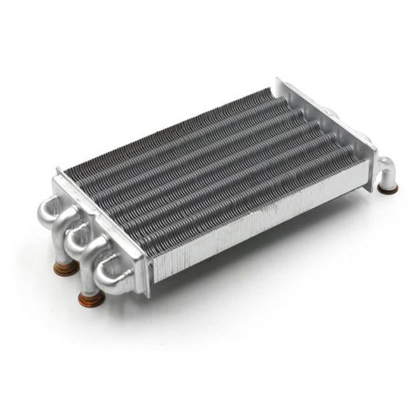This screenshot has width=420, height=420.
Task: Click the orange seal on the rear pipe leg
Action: point(66,267)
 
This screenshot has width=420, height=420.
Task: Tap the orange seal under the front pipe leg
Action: point(91,300)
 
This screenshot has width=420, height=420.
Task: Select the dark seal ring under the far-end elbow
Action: point(388,188)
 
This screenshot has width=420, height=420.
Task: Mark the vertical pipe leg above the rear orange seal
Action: point(64,249)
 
